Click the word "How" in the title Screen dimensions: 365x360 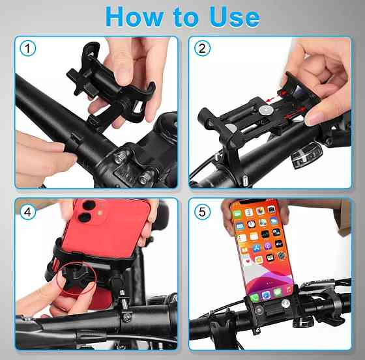[x=134, y=17]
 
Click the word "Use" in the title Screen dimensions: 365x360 [x=234, y=17]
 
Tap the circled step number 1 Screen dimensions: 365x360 [x=28, y=48]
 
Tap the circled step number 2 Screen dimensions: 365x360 [x=202, y=48]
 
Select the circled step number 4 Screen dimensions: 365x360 [x=28, y=212]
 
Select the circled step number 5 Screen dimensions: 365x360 [x=202, y=212]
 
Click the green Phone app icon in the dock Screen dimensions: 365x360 [x=255, y=298]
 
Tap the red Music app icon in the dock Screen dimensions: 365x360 [x=288, y=290]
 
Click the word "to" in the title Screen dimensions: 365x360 [x=186, y=18]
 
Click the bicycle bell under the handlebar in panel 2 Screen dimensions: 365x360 [x=307, y=156]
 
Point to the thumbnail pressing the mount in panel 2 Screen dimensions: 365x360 [x=314, y=119]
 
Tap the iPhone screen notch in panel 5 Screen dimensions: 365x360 [x=254, y=201]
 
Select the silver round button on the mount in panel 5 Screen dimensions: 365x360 [x=285, y=303]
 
